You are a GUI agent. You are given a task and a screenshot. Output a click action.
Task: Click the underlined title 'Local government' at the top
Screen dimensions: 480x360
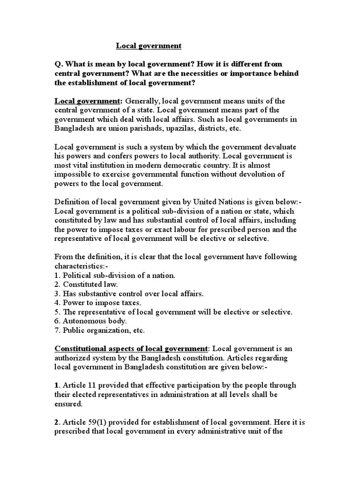pos(149,46)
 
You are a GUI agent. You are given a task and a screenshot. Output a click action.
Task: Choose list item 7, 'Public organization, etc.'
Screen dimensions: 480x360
pos(100,330)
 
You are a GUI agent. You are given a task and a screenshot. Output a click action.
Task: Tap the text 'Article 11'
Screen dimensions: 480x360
pos(81,385)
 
